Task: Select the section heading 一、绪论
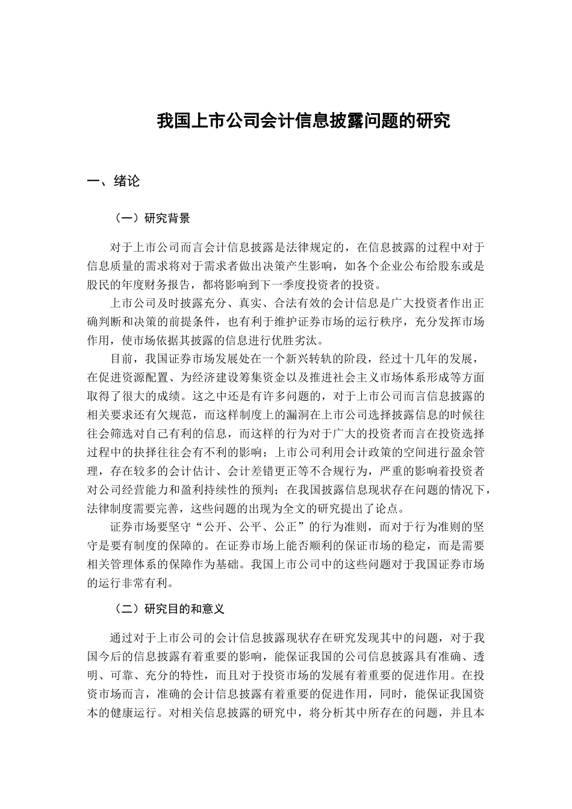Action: pyautogui.click(x=114, y=181)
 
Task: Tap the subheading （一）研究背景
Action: pyautogui.click(x=152, y=219)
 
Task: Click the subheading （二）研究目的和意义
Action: pyautogui.click(x=169, y=609)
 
